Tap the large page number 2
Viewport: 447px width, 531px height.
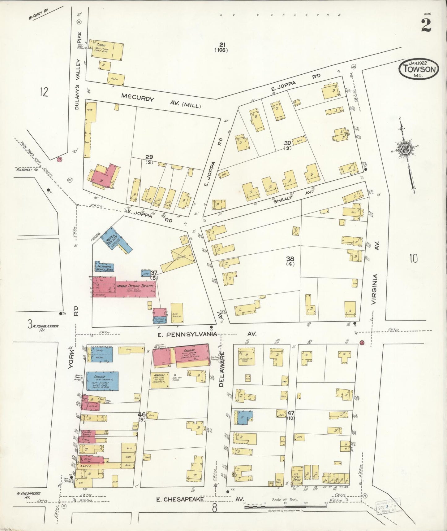coord(426,25)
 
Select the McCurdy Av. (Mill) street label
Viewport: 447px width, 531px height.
coord(161,102)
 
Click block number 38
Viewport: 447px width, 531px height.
coord(290,259)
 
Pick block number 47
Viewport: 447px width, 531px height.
coord(291,413)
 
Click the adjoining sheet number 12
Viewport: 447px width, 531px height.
coord(44,92)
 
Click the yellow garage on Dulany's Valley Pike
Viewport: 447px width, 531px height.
coord(106,50)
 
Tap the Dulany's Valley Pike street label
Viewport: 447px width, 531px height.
coord(78,71)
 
